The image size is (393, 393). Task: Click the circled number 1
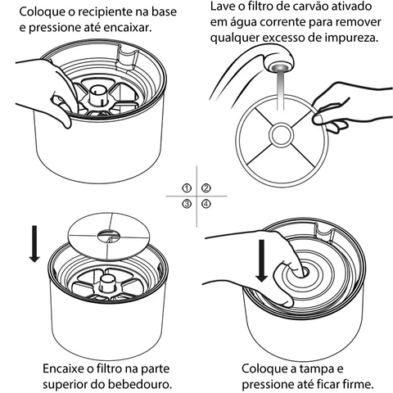[x=187, y=188]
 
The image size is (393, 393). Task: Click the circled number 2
[x=206, y=188]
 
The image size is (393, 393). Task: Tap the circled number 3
[x=187, y=204]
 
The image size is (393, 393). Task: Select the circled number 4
[x=206, y=204]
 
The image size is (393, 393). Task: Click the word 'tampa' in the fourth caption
[x=318, y=369]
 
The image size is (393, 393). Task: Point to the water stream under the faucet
[x=280, y=90]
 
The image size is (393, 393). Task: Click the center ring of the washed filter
[x=282, y=135]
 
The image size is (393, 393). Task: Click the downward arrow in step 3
[x=34, y=244]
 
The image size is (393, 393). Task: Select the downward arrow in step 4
[x=262, y=260]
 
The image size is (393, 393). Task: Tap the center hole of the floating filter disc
[x=108, y=235]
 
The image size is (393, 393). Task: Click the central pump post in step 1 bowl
[x=97, y=96]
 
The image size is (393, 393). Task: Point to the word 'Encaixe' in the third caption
[x=63, y=369]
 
